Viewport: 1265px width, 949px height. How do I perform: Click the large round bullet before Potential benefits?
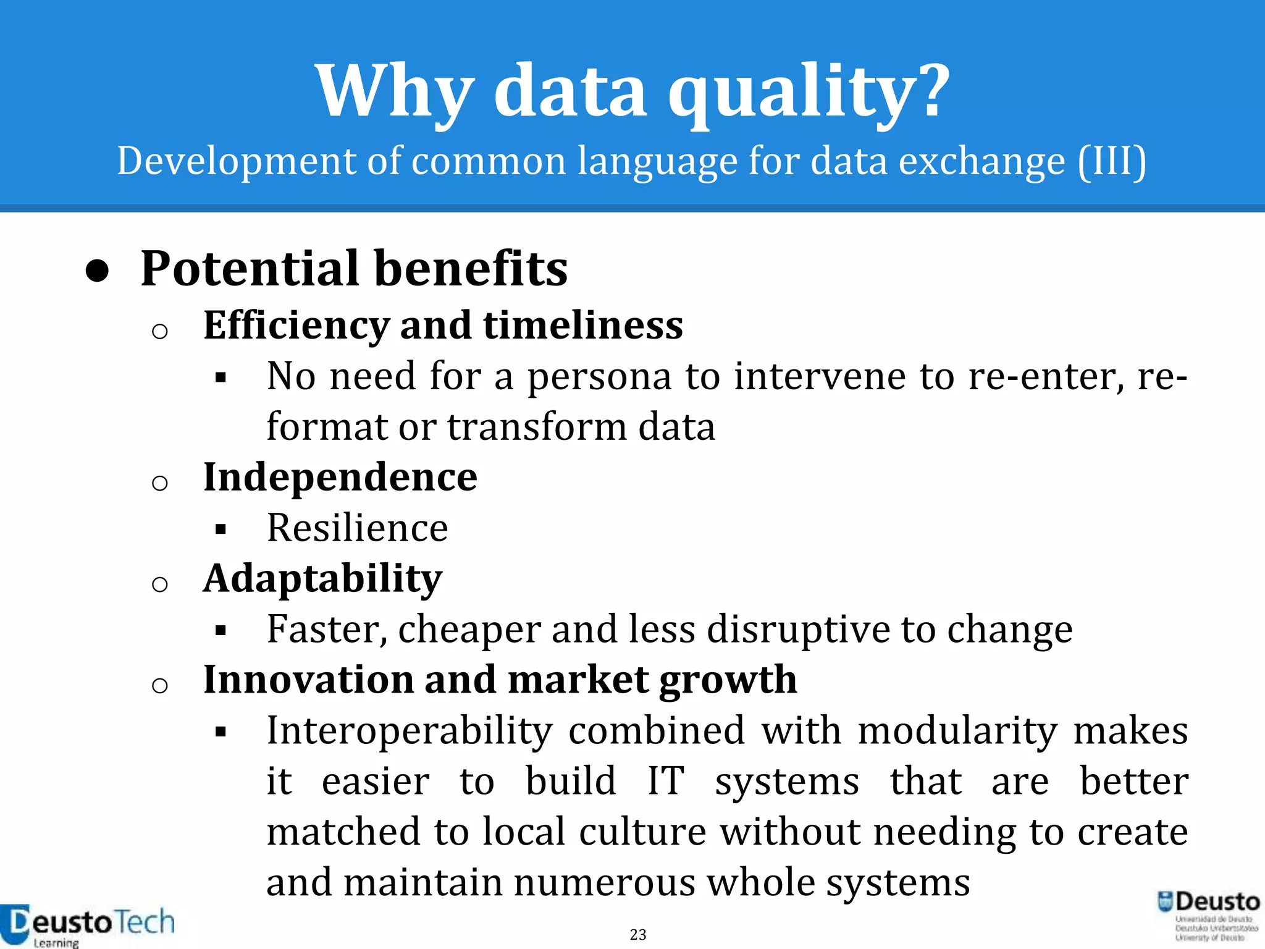click(x=98, y=271)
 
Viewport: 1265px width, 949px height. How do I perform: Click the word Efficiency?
click(x=296, y=326)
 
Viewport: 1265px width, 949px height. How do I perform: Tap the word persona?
click(x=599, y=376)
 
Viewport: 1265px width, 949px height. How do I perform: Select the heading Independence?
click(x=340, y=478)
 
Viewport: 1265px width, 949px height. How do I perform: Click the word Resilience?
click(x=357, y=528)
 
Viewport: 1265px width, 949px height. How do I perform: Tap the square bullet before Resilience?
click(x=221, y=529)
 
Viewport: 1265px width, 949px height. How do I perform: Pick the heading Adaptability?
click(x=322, y=579)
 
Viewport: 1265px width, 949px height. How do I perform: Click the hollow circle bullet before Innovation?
click(x=159, y=685)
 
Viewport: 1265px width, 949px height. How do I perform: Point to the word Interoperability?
click(x=410, y=731)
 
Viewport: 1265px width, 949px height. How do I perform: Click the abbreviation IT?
click(x=665, y=782)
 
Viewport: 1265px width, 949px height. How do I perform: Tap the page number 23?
click(x=638, y=935)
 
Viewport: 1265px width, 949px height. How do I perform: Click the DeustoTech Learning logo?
click(x=86, y=925)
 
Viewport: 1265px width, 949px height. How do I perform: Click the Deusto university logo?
click(x=1208, y=914)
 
